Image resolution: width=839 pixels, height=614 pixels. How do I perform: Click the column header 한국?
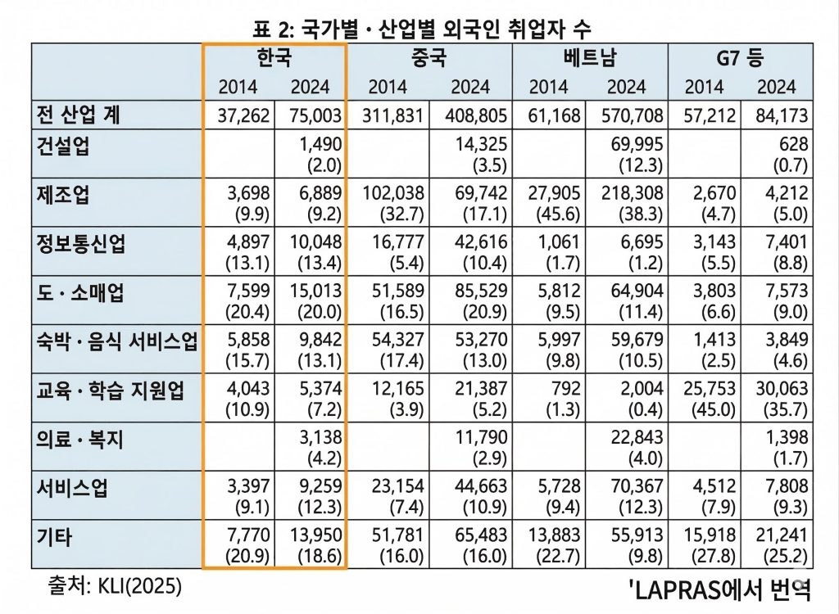274,58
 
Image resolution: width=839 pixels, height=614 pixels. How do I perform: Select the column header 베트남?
590,58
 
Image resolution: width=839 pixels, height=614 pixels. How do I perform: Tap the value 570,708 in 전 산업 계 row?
629,115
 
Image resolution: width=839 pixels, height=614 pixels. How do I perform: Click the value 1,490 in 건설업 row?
321,145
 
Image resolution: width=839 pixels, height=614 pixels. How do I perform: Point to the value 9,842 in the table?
316,341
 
